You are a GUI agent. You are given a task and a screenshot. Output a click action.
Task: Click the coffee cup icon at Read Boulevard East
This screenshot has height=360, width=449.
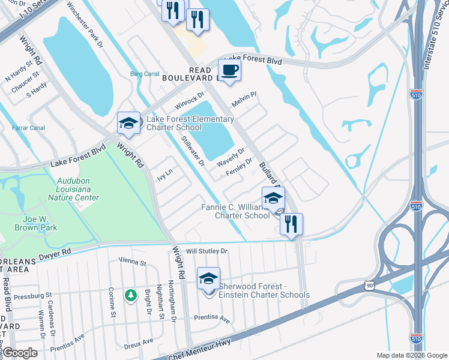point(229,71)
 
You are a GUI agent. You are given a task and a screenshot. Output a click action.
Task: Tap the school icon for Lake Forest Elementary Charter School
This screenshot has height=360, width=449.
point(128,124)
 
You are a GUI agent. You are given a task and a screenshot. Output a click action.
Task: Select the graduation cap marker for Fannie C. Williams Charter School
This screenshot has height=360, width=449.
point(273,199)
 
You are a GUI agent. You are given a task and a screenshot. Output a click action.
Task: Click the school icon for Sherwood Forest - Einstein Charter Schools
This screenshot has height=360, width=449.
point(208,279)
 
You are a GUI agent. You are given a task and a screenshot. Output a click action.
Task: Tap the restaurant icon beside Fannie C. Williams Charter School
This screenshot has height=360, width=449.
point(291,224)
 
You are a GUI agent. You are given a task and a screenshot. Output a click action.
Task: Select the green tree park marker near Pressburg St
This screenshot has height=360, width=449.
point(130,295)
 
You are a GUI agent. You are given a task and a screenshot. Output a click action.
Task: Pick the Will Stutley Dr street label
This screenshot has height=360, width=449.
point(207,251)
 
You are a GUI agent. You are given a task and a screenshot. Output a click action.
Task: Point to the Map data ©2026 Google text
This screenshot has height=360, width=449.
point(411,355)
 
